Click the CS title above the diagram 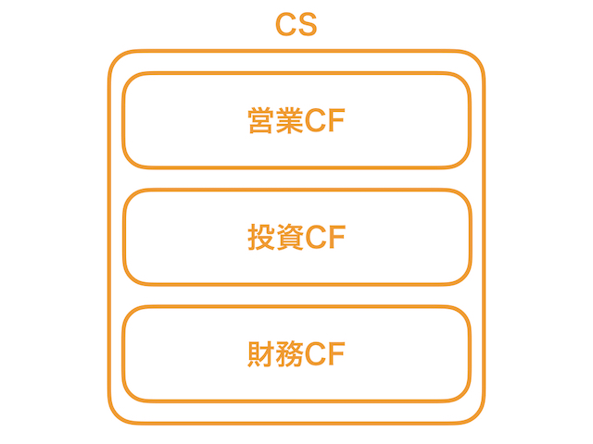click(x=296, y=26)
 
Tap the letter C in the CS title click(x=286, y=26)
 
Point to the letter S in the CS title click(x=308, y=26)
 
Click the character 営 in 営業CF click(x=262, y=121)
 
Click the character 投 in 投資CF click(x=262, y=238)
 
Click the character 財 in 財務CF click(x=262, y=354)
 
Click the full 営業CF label click(x=296, y=121)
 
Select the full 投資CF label click(x=296, y=238)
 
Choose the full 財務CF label click(x=296, y=354)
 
